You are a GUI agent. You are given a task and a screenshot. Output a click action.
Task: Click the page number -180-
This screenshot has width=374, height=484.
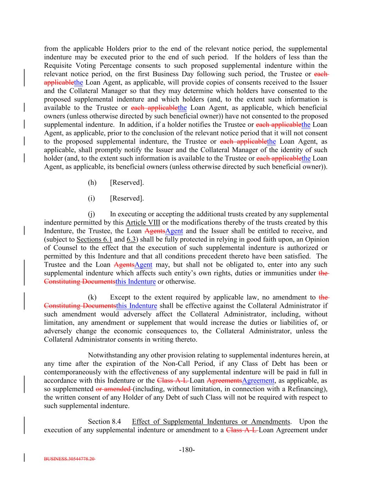point(187,450)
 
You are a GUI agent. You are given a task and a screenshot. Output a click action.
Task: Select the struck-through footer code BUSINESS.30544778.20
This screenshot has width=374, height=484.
point(69,459)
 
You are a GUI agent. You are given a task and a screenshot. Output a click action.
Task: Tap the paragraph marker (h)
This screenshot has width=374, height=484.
point(92,183)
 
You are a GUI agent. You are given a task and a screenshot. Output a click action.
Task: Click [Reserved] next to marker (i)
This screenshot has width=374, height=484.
point(127,198)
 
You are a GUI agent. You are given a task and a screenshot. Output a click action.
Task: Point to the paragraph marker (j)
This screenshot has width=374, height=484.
point(92,214)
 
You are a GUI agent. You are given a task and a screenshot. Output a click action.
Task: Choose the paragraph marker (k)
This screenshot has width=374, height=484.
point(92,297)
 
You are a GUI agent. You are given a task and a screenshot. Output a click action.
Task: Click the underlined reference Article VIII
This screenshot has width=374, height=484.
point(143,223)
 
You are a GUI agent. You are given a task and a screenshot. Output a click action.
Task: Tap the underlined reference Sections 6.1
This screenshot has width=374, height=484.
point(94,240)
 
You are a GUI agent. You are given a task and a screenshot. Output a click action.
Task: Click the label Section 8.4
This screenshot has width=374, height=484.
point(104,422)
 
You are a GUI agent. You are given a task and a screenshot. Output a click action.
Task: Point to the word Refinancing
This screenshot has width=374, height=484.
point(308,389)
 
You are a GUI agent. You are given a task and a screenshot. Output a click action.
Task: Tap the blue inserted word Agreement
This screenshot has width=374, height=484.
point(258,381)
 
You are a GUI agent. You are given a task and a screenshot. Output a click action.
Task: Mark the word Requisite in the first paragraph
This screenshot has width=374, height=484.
point(58,66)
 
